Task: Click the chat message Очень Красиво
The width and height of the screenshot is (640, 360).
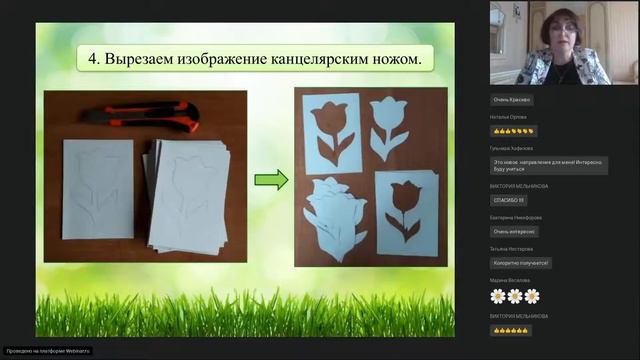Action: (513, 99)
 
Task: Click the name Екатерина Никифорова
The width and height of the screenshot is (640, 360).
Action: (516, 217)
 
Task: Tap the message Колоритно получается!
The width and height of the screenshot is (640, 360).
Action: (521, 263)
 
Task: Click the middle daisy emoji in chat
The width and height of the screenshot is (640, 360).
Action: (515, 296)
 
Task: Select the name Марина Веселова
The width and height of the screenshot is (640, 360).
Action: (510, 280)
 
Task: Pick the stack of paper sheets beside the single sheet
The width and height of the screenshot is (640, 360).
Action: (189, 195)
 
